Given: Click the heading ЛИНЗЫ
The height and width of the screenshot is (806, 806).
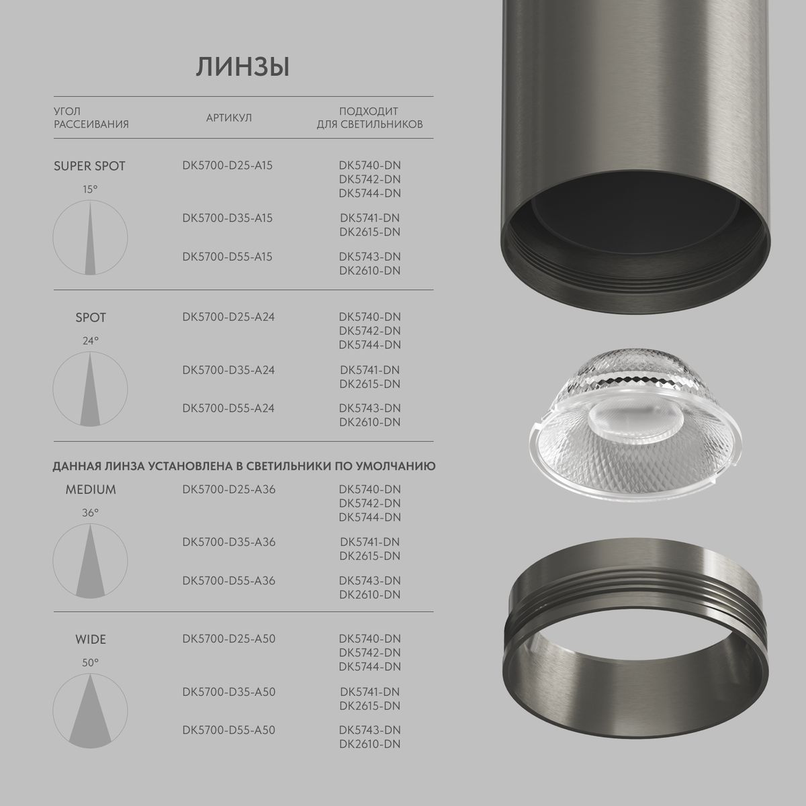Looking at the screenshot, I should click(242, 68).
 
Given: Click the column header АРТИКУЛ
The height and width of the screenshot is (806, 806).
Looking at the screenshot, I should click(229, 118).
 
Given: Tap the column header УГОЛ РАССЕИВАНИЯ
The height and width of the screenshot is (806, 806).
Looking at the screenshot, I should click(91, 118).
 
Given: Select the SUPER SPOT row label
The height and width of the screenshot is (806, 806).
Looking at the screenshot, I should click(89, 166).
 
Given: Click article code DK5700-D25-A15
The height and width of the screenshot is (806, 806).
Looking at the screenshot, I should click(228, 165).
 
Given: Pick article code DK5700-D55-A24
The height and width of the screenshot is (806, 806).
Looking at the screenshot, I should click(228, 408).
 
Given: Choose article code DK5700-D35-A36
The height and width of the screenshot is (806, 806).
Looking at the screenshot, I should click(228, 542).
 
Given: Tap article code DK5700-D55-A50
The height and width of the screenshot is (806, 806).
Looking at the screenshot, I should click(228, 730).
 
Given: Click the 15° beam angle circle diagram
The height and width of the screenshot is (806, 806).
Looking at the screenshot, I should click(90, 238).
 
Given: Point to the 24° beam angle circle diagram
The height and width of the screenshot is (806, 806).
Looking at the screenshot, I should click(90, 390).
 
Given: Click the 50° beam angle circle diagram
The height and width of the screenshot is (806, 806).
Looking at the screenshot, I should click(90, 711).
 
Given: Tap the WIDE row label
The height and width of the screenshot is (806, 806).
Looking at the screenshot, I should click(90, 639).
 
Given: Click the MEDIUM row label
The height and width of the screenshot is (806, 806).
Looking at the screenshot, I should click(91, 490).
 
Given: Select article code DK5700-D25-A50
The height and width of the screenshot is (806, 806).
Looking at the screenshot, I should click(228, 639).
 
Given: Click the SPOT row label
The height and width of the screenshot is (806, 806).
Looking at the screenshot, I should click(91, 317).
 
